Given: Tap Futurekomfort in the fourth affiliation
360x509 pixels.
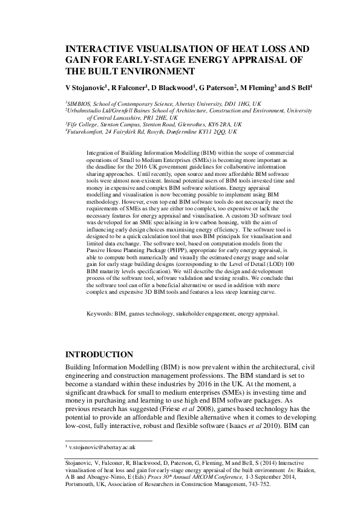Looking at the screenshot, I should (x=90, y=132).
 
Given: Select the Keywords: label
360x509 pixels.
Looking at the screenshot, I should (x=100, y=314).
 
